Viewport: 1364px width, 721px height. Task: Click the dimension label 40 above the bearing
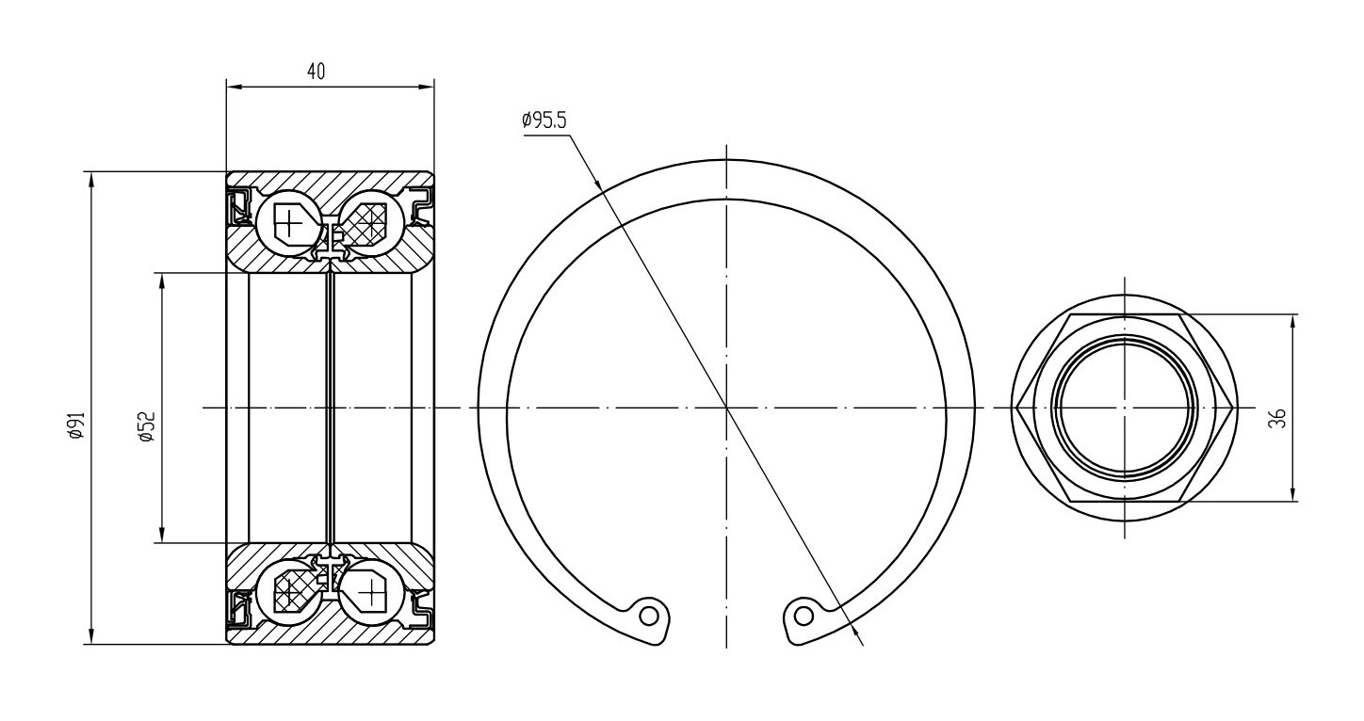(316, 72)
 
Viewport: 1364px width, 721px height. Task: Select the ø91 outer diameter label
(76, 425)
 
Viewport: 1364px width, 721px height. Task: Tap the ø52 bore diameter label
(147, 425)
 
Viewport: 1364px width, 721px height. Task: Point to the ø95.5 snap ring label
(544, 120)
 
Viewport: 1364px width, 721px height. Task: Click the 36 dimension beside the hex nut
(1277, 418)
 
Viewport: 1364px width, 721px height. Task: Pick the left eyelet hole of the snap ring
(649, 617)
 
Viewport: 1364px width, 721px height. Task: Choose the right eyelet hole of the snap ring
(804, 617)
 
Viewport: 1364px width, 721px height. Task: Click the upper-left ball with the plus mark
(289, 221)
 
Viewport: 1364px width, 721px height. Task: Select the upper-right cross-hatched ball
(371, 221)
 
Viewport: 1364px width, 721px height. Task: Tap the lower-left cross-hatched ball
(289, 591)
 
